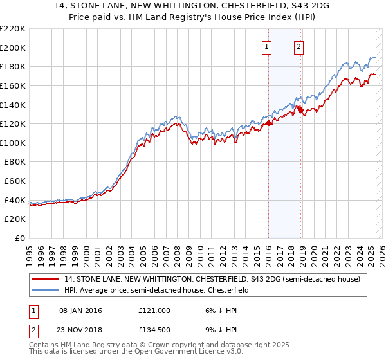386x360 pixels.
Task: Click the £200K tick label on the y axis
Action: (13, 48)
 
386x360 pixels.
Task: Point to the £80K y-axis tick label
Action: (15, 162)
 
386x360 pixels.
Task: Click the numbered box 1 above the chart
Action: (266, 46)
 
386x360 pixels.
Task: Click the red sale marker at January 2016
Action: (268, 123)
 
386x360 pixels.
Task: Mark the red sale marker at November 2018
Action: (300, 110)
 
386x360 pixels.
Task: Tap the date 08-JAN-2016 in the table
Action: (80, 310)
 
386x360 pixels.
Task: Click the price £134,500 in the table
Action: (154, 332)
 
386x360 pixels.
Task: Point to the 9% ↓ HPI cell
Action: (220, 332)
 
